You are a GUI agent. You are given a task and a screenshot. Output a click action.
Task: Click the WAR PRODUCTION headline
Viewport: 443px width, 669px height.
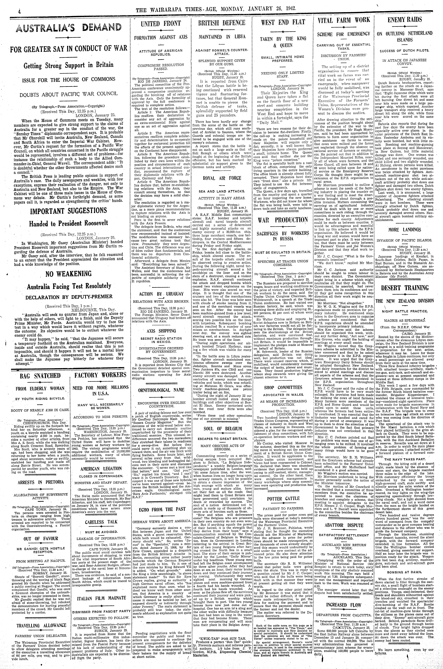click(x=283, y=220)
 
